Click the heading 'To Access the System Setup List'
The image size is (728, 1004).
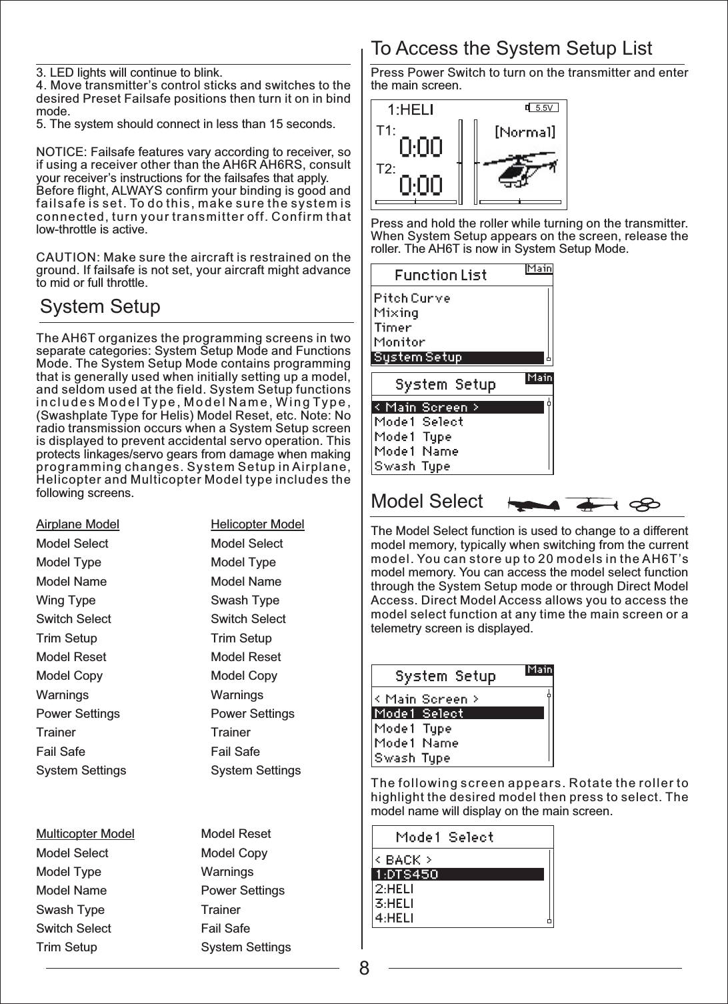click(511, 49)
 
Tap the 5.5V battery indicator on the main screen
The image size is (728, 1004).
click(543, 107)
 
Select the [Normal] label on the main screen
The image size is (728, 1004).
click(525, 132)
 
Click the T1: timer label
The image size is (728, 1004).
click(386, 131)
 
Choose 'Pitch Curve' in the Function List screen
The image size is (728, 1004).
click(411, 298)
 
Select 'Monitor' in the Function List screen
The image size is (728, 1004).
click(399, 342)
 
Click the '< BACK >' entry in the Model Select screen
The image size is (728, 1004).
click(403, 860)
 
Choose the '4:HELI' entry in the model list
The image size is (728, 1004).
click(394, 918)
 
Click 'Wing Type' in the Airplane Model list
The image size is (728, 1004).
click(65, 600)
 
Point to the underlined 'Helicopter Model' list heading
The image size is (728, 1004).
click(257, 524)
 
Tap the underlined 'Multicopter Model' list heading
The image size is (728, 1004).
click(85, 834)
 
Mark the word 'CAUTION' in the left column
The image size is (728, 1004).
click(64, 258)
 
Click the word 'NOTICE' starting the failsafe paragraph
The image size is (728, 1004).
click(59, 153)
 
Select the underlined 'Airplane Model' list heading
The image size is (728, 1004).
click(77, 524)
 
